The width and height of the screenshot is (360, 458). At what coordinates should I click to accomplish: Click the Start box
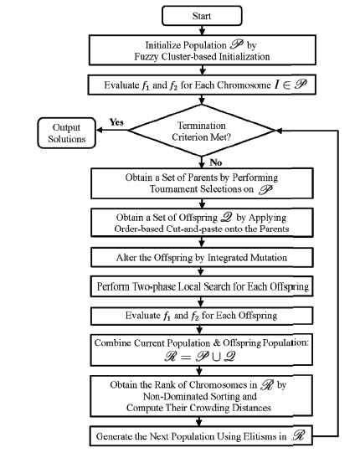point(202,16)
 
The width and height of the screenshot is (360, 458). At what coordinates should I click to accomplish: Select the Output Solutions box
point(67,133)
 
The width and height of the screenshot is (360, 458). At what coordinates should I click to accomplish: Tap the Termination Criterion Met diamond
point(202,131)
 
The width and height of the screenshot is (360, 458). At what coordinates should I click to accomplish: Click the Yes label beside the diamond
point(116,121)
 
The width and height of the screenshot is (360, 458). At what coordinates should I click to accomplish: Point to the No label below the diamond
point(216,162)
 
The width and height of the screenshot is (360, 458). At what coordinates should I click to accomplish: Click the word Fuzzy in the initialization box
point(147,57)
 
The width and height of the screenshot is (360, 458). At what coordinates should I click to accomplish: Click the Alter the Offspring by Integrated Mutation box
point(202,257)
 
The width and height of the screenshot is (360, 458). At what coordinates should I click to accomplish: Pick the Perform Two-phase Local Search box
point(202,286)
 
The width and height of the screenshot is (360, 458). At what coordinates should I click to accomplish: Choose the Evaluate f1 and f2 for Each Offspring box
point(202,316)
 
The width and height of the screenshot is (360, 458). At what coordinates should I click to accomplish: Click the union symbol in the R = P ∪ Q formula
point(216,357)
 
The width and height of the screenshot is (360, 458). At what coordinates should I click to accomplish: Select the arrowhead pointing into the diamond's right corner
point(279,131)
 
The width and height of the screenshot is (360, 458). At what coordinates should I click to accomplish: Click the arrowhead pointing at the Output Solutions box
point(100,131)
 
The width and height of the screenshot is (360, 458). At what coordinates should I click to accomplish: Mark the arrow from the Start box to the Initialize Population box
point(202,30)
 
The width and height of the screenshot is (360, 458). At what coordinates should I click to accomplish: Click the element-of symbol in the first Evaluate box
point(287,85)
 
